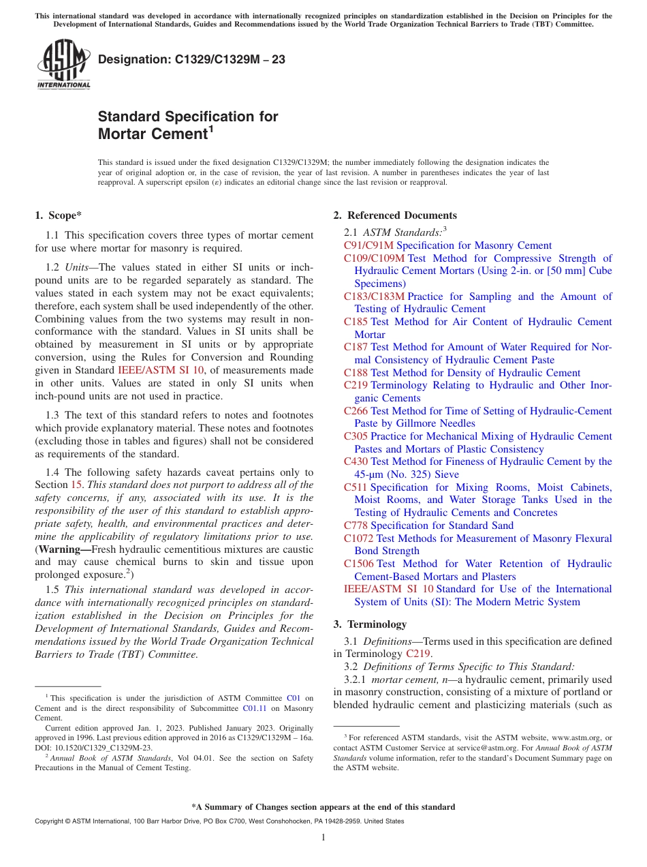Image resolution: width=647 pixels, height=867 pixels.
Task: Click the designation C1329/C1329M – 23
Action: coord(191,60)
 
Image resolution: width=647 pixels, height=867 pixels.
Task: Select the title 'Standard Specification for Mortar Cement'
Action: coord(188,125)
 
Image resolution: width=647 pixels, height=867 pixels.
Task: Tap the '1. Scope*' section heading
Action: coord(58,215)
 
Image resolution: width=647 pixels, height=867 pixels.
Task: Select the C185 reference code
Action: coord(356,322)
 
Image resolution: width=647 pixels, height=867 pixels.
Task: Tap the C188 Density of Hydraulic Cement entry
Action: coord(462,373)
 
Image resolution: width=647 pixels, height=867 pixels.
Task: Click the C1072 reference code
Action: coord(358,538)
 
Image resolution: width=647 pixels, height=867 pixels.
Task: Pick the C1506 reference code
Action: coord(358,564)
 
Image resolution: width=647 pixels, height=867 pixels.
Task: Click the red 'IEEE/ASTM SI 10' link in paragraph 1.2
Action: coord(161,370)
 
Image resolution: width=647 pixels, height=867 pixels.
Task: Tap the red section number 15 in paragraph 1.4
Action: coord(77,485)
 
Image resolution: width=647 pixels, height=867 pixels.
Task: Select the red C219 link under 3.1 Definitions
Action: coord(418,654)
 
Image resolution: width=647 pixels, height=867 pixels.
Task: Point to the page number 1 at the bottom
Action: coord(323,838)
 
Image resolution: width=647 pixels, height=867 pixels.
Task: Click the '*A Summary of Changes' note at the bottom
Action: coord(323,807)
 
